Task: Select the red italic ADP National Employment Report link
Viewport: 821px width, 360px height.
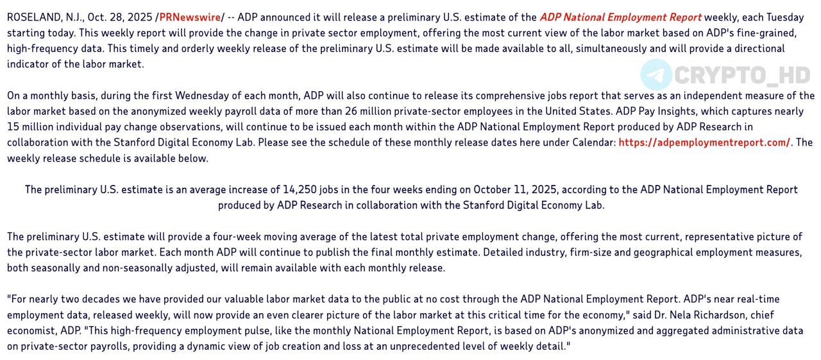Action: coord(620,17)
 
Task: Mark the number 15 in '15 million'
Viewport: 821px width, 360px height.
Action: coord(13,126)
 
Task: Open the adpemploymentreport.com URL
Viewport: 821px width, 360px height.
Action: coord(704,142)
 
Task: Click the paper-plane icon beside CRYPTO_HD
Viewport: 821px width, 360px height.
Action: coord(656,75)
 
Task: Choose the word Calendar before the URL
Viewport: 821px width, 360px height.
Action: coord(593,142)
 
